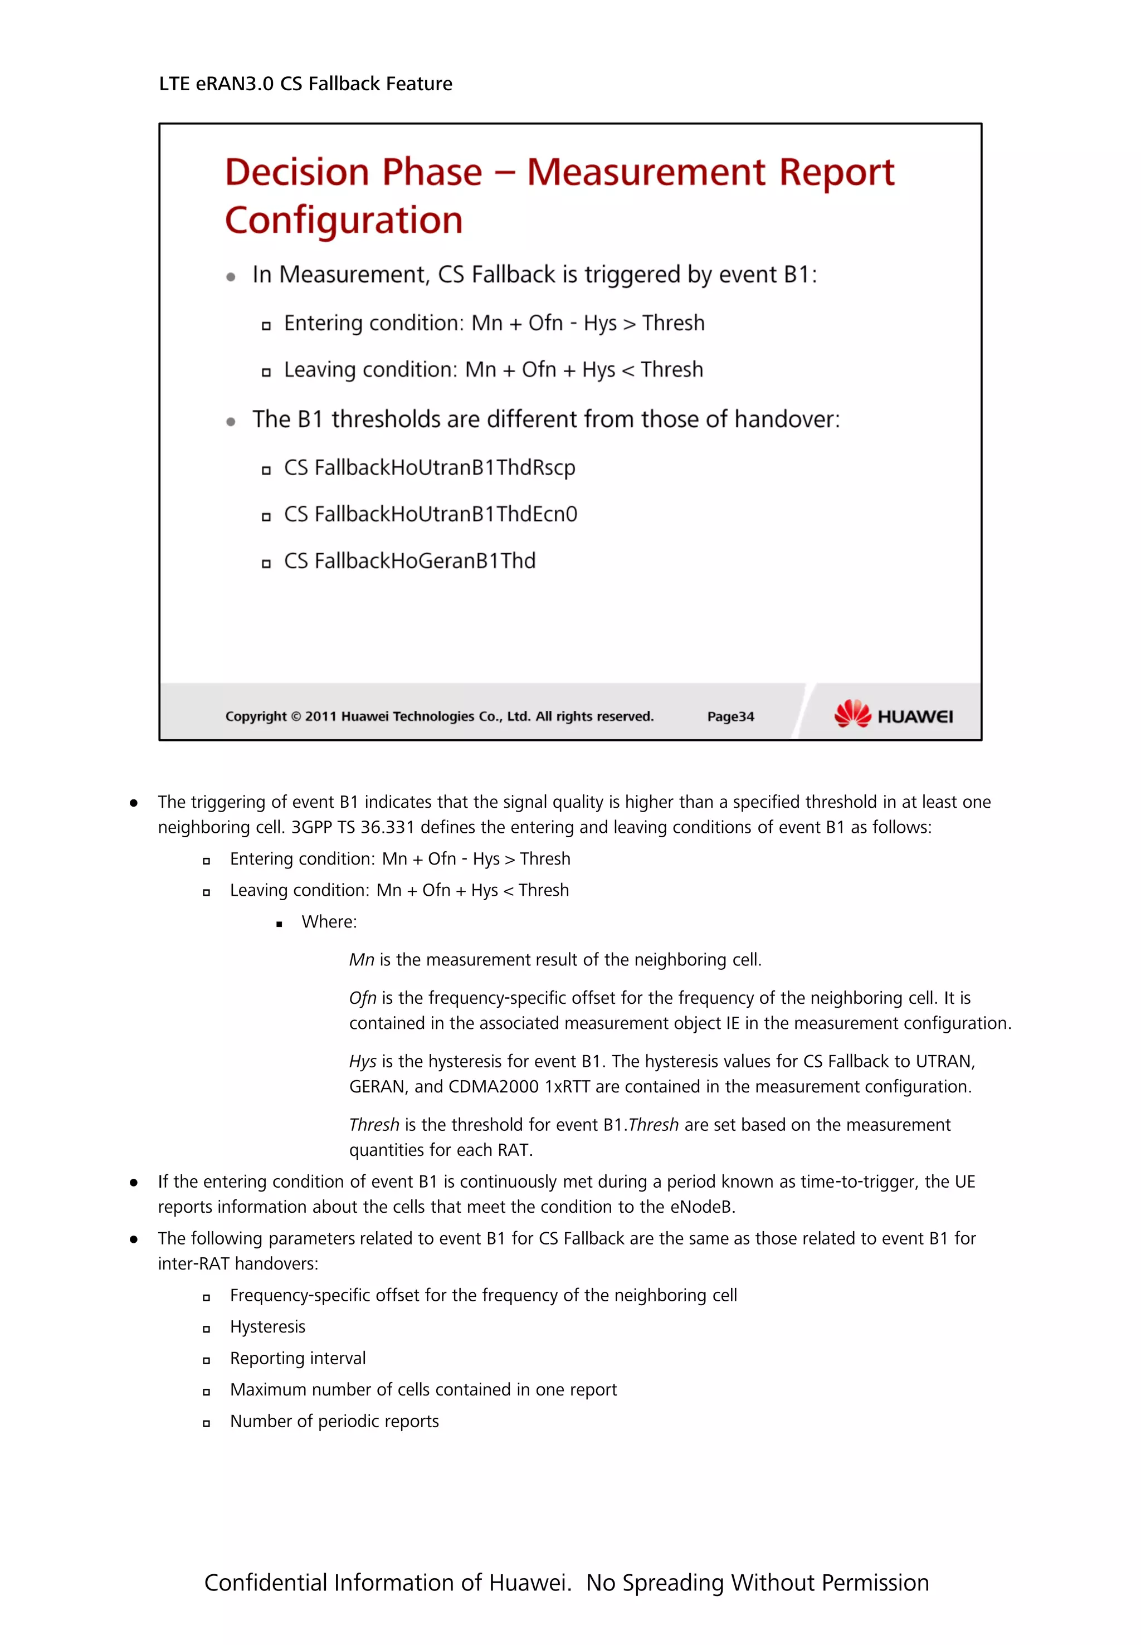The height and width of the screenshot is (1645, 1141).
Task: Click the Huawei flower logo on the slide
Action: point(852,714)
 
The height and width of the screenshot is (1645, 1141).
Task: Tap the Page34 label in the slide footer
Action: point(730,716)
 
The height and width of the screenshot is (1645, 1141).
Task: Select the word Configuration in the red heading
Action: point(344,220)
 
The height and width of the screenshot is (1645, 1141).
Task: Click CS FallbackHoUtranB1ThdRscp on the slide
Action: point(429,467)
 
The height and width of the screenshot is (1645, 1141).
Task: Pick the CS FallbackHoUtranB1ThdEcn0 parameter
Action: point(430,514)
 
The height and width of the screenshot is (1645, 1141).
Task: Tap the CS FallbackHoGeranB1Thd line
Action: point(409,560)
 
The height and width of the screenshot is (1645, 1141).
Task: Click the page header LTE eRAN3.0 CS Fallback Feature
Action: point(305,84)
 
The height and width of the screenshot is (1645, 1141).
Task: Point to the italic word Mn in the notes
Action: point(361,959)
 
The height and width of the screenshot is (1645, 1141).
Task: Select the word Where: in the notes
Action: point(329,921)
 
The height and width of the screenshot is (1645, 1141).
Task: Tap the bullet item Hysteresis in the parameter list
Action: point(267,1327)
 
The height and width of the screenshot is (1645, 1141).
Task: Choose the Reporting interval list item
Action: point(298,1358)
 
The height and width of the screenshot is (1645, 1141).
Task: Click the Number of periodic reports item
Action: point(334,1421)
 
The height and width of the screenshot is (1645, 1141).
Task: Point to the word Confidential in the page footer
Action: point(265,1583)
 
